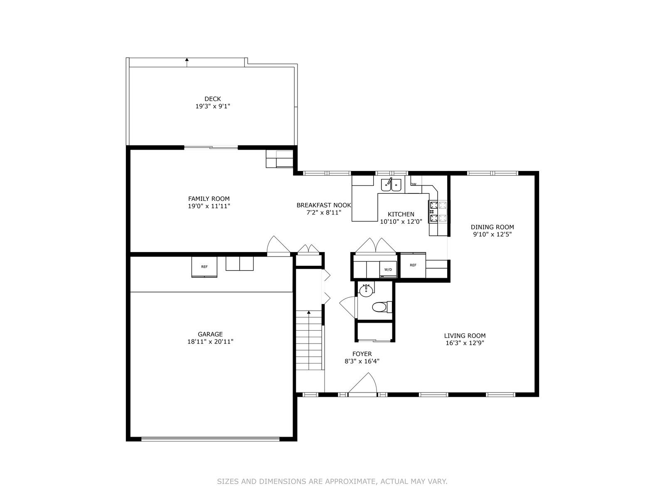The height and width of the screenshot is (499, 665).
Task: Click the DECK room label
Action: pyautogui.click(x=213, y=99)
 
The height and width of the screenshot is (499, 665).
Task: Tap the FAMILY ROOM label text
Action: pyautogui.click(x=209, y=199)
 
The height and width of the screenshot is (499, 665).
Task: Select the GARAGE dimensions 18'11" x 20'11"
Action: pyautogui.click(x=210, y=342)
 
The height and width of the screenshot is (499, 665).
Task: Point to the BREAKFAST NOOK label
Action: pyautogui.click(x=323, y=205)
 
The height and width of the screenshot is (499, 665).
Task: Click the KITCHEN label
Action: pyautogui.click(x=401, y=214)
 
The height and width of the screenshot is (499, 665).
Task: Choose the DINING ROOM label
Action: pyautogui.click(x=493, y=227)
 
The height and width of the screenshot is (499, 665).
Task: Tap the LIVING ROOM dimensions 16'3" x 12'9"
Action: pyautogui.click(x=465, y=343)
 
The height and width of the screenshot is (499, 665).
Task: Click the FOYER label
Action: pyautogui.click(x=362, y=353)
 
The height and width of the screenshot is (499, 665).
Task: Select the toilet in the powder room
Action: pyautogui.click(x=382, y=307)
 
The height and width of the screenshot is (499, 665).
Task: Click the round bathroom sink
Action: pyautogui.click(x=366, y=291)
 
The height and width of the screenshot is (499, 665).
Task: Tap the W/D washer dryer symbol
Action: pyautogui.click(x=388, y=269)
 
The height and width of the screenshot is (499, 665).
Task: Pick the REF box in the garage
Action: pyautogui.click(x=204, y=267)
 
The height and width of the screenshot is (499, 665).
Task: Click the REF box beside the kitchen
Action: pyautogui.click(x=413, y=265)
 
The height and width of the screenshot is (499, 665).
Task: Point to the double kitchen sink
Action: pyautogui.click(x=391, y=185)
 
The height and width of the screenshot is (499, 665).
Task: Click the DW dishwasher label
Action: pyautogui.click(x=414, y=184)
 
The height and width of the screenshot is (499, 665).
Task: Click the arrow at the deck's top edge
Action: pyautogui.click(x=187, y=62)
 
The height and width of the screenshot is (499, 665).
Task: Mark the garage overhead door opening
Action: pyautogui.click(x=210, y=438)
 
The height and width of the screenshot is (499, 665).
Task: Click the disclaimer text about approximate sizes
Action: pyautogui.click(x=332, y=482)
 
